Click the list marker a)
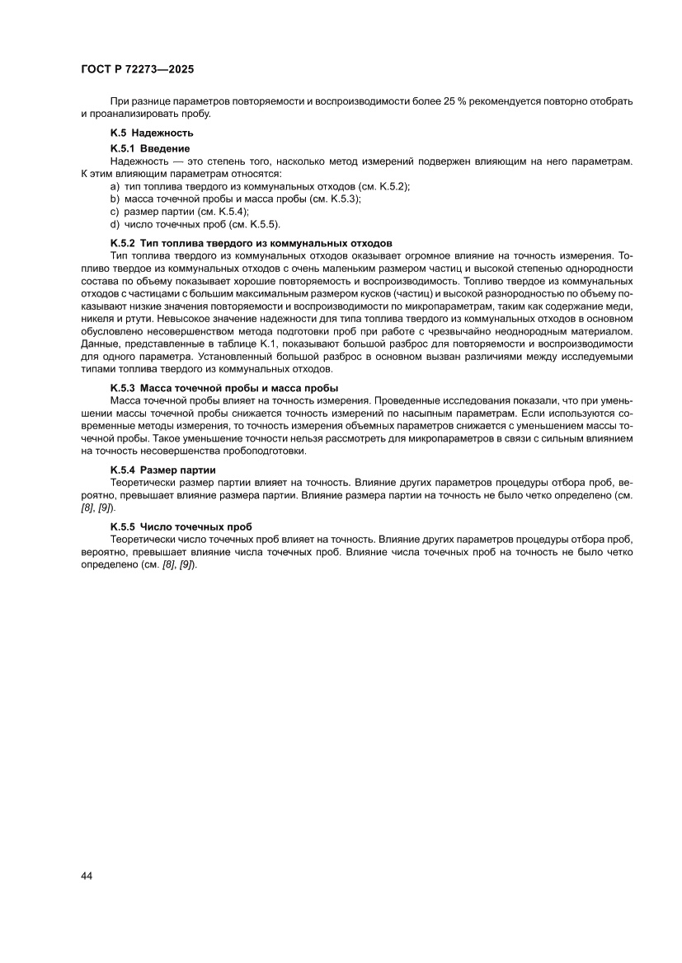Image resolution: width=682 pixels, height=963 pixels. (x=115, y=187)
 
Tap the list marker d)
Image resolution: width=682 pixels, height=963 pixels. (x=115, y=223)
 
